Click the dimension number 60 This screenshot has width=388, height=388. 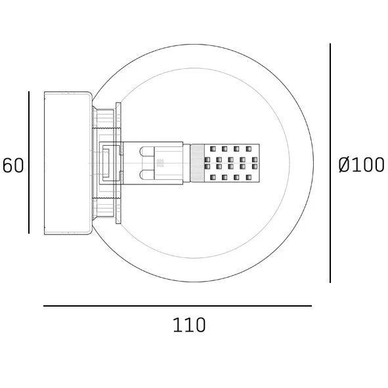coord(13,165)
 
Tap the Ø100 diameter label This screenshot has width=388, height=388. coord(361,165)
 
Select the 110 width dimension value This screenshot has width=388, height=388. coord(189,325)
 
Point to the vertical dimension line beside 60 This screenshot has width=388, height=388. coord(29,162)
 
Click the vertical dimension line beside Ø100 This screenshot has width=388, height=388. coord(330,163)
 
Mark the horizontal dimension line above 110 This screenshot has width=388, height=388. coord(177,306)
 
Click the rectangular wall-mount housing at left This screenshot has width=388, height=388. coord(68,163)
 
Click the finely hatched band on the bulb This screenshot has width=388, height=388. coord(197,163)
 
